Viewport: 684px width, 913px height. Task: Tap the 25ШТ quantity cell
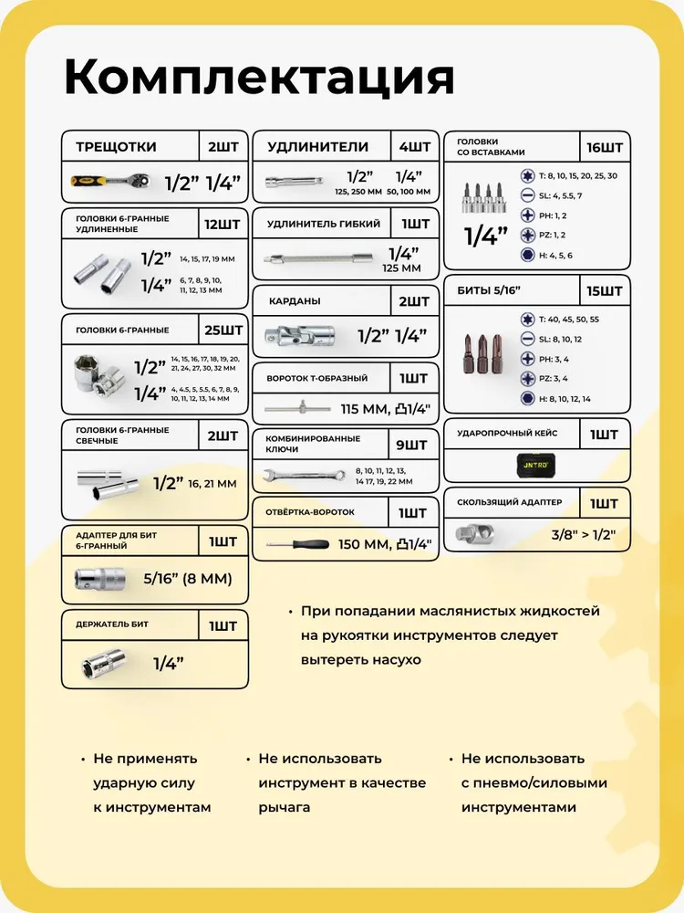tap(223, 329)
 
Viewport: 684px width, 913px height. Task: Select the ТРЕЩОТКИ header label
tap(116, 146)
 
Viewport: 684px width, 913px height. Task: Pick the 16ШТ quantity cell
tap(605, 147)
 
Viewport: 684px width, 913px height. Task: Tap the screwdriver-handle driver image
tap(297, 545)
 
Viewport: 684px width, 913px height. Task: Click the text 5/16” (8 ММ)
tap(187, 578)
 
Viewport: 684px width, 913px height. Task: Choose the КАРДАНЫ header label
tap(295, 301)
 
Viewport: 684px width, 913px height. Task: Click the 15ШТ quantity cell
tap(605, 291)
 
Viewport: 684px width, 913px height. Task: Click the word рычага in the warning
tap(284, 807)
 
